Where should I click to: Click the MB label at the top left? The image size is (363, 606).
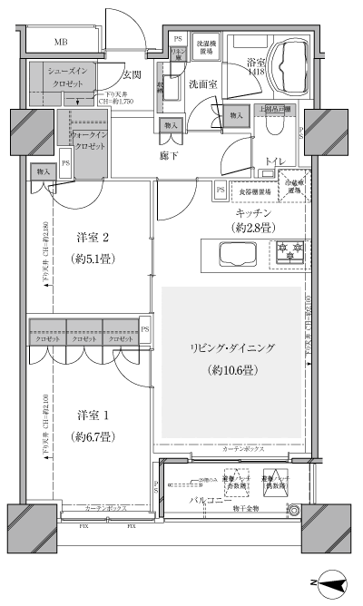pos(60,43)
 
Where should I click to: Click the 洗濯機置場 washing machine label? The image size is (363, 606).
pos(206,47)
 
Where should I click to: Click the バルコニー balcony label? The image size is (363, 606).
pos(207,499)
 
